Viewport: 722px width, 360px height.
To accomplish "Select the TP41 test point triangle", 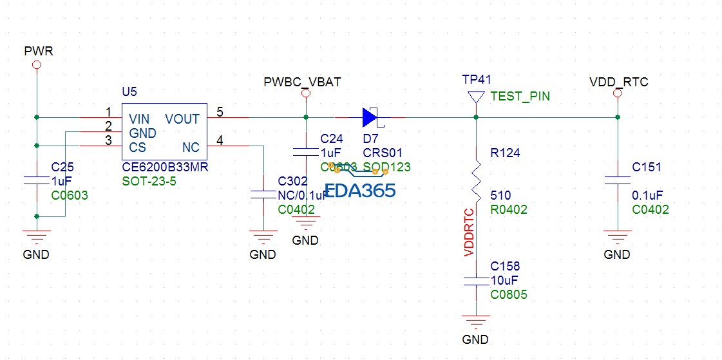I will (x=476, y=97).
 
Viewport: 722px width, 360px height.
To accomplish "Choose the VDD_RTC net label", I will (x=618, y=82).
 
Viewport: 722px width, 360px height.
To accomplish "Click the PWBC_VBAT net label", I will (x=302, y=82).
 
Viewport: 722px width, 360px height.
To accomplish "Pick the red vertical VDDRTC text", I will (x=469, y=232).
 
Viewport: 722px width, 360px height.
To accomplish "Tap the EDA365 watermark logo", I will (x=359, y=191).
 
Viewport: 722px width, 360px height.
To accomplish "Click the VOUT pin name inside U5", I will (x=182, y=119).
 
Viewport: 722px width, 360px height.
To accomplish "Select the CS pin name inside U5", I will (x=137, y=147).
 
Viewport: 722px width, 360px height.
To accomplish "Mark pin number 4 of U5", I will (x=220, y=140).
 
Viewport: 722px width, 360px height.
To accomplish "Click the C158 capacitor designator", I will (x=505, y=266).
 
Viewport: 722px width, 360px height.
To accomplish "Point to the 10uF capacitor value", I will (x=504, y=279).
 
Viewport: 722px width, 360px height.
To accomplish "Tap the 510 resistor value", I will (x=500, y=194).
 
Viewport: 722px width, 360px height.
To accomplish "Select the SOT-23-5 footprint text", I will (x=149, y=181).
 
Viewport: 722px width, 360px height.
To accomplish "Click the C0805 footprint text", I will (x=508, y=294).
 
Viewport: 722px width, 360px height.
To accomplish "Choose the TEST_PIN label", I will (x=520, y=97).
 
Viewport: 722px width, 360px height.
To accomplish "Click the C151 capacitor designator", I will (x=647, y=167).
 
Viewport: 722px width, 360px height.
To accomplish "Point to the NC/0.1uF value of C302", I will (x=303, y=195).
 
